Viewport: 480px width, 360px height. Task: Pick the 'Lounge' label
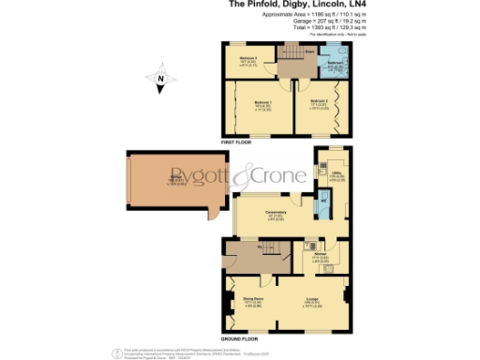[x=313, y=301]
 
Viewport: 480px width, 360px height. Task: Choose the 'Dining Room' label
[x=252, y=301]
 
